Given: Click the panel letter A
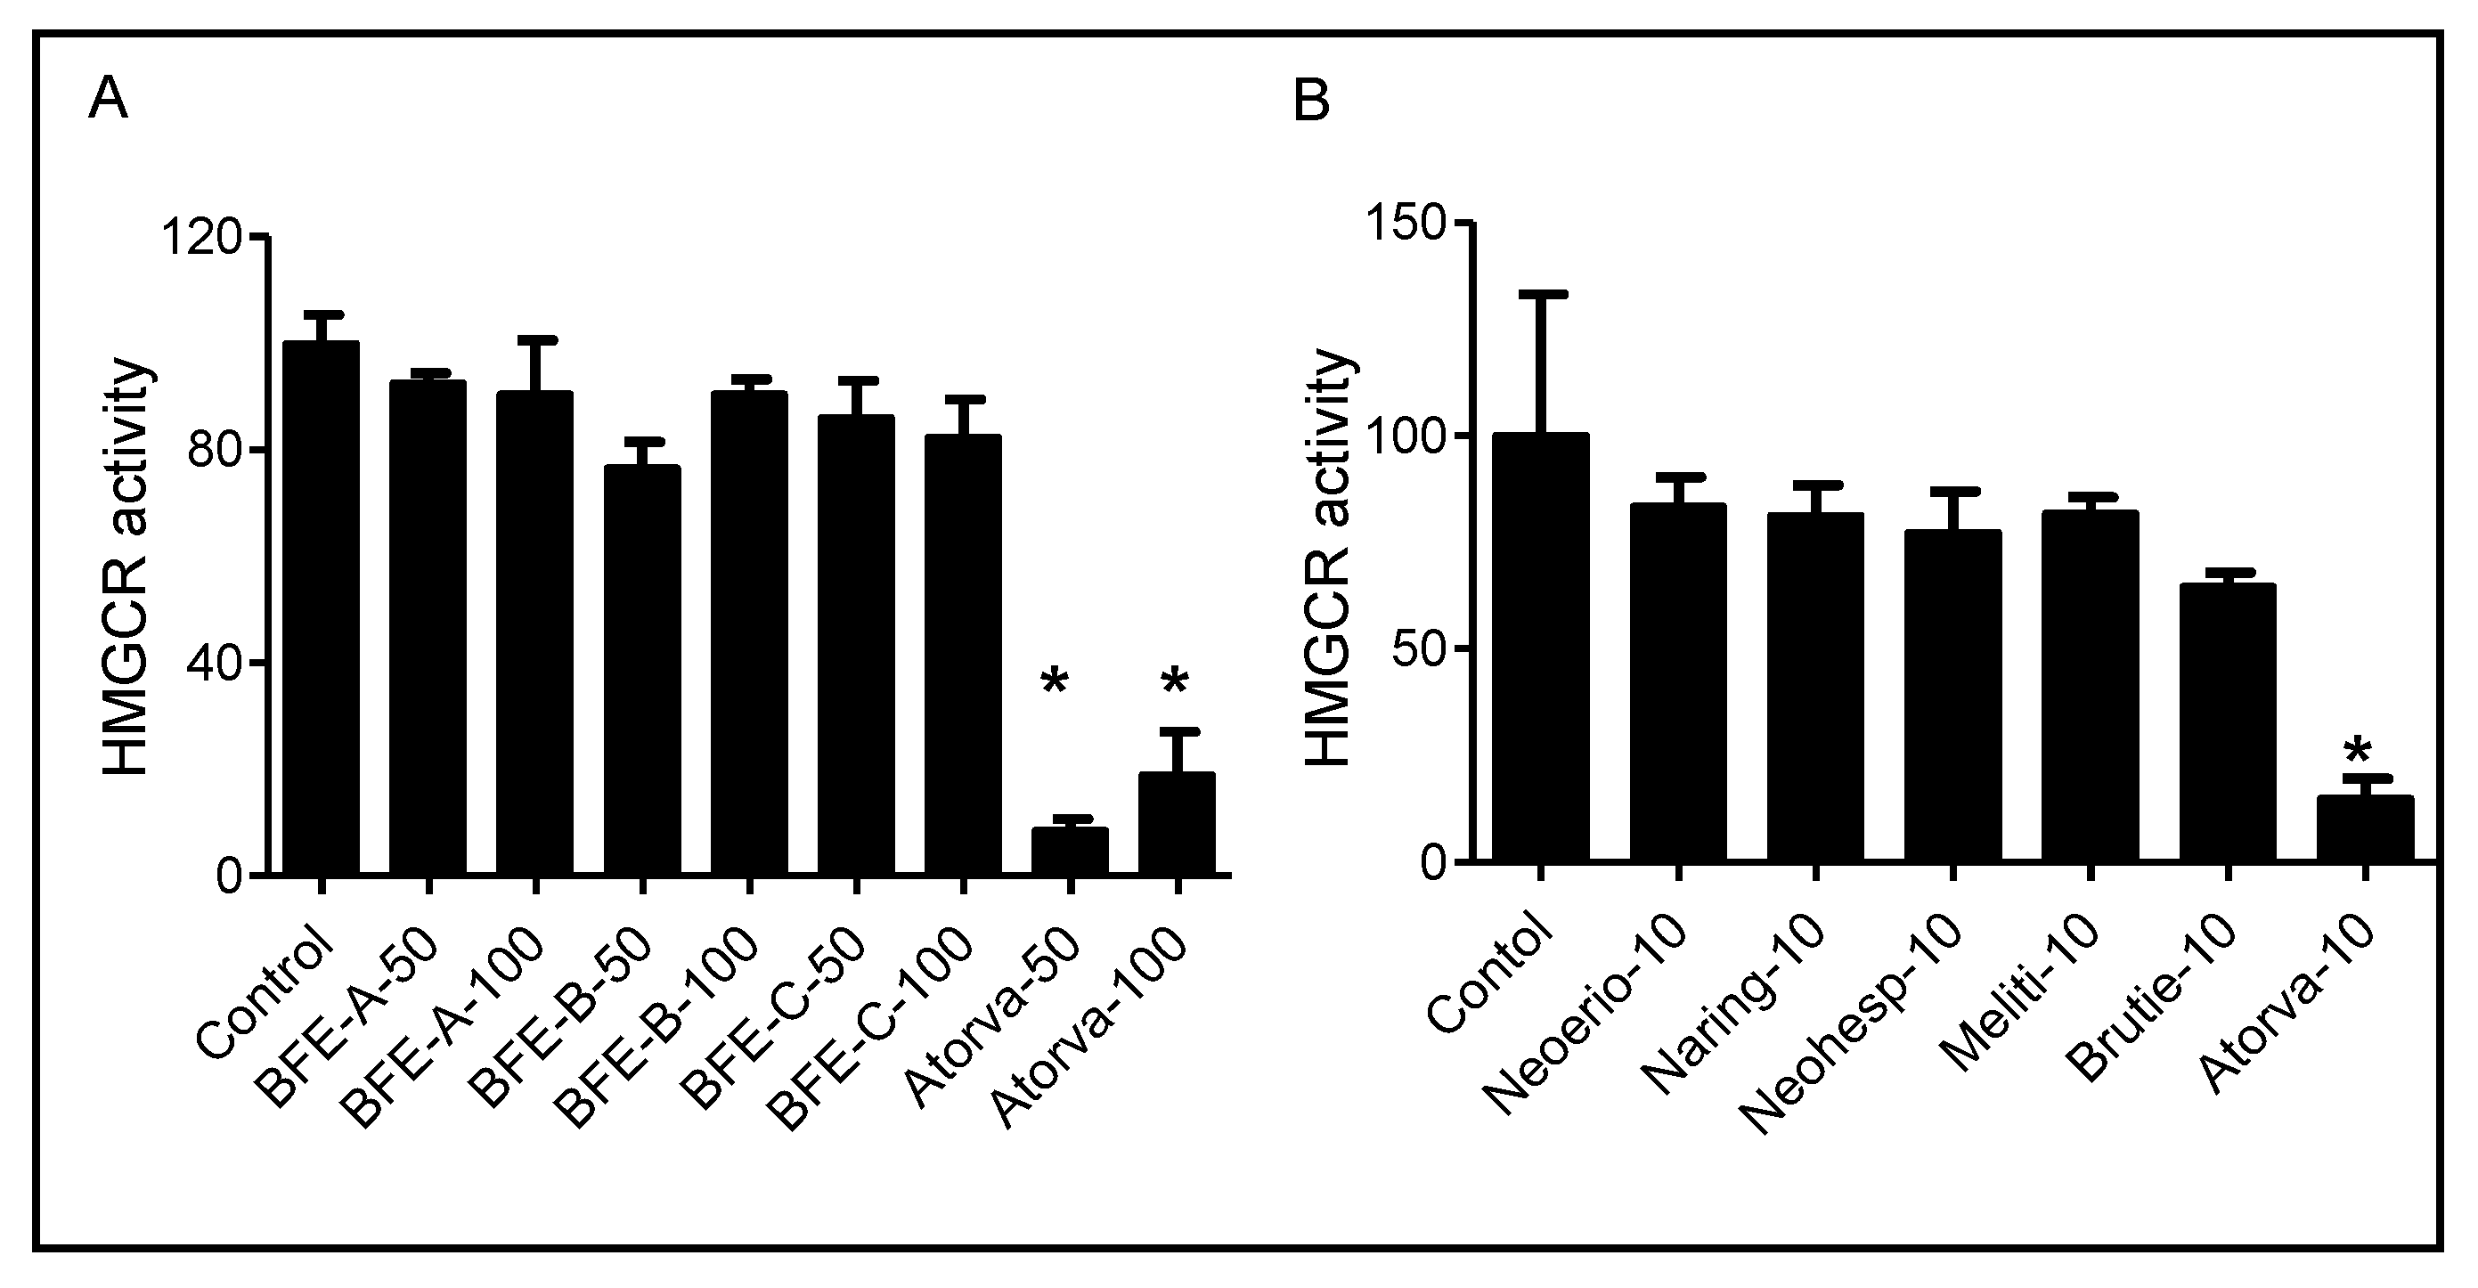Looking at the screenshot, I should [x=108, y=100].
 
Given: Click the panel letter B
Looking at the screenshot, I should [x=1311, y=100].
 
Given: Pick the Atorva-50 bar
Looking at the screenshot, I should [x=1069, y=851].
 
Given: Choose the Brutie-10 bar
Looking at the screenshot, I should [x=2227, y=721].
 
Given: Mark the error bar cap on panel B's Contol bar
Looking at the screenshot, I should [x=1540, y=293].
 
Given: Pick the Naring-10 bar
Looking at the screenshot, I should [x=1815, y=687].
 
